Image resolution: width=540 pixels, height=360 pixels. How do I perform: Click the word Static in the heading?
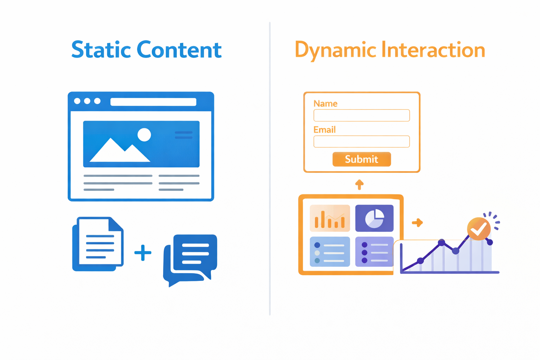(x=101, y=50)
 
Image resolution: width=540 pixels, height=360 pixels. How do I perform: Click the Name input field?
(x=362, y=115)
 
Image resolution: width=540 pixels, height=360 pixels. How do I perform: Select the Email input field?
(x=362, y=142)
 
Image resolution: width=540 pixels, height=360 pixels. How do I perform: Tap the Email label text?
(x=324, y=130)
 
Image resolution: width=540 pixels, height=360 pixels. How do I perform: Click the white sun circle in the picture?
(x=144, y=135)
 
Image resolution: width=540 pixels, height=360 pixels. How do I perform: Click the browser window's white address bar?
(x=153, y=102)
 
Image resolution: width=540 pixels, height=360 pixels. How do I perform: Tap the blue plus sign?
(x=143, y=253)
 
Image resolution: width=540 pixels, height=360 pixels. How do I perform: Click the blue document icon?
(x=98, y=244)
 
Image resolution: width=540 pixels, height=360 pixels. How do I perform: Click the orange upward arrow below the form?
(x=359, y=185)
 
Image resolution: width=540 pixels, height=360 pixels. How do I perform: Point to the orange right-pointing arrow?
(x=417, y=223)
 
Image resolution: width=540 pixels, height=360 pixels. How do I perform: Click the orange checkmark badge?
(x=479, y=229)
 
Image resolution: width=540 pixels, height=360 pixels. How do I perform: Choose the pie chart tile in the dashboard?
(x=374, y=218)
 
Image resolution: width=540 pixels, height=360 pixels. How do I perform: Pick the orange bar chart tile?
(x=330, y=218)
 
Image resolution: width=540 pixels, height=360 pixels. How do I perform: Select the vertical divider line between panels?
(x=270, y=168)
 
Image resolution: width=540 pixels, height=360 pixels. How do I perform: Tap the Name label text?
(x=325, y=104)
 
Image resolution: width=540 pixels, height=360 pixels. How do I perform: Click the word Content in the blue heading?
(x=179, y=50)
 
